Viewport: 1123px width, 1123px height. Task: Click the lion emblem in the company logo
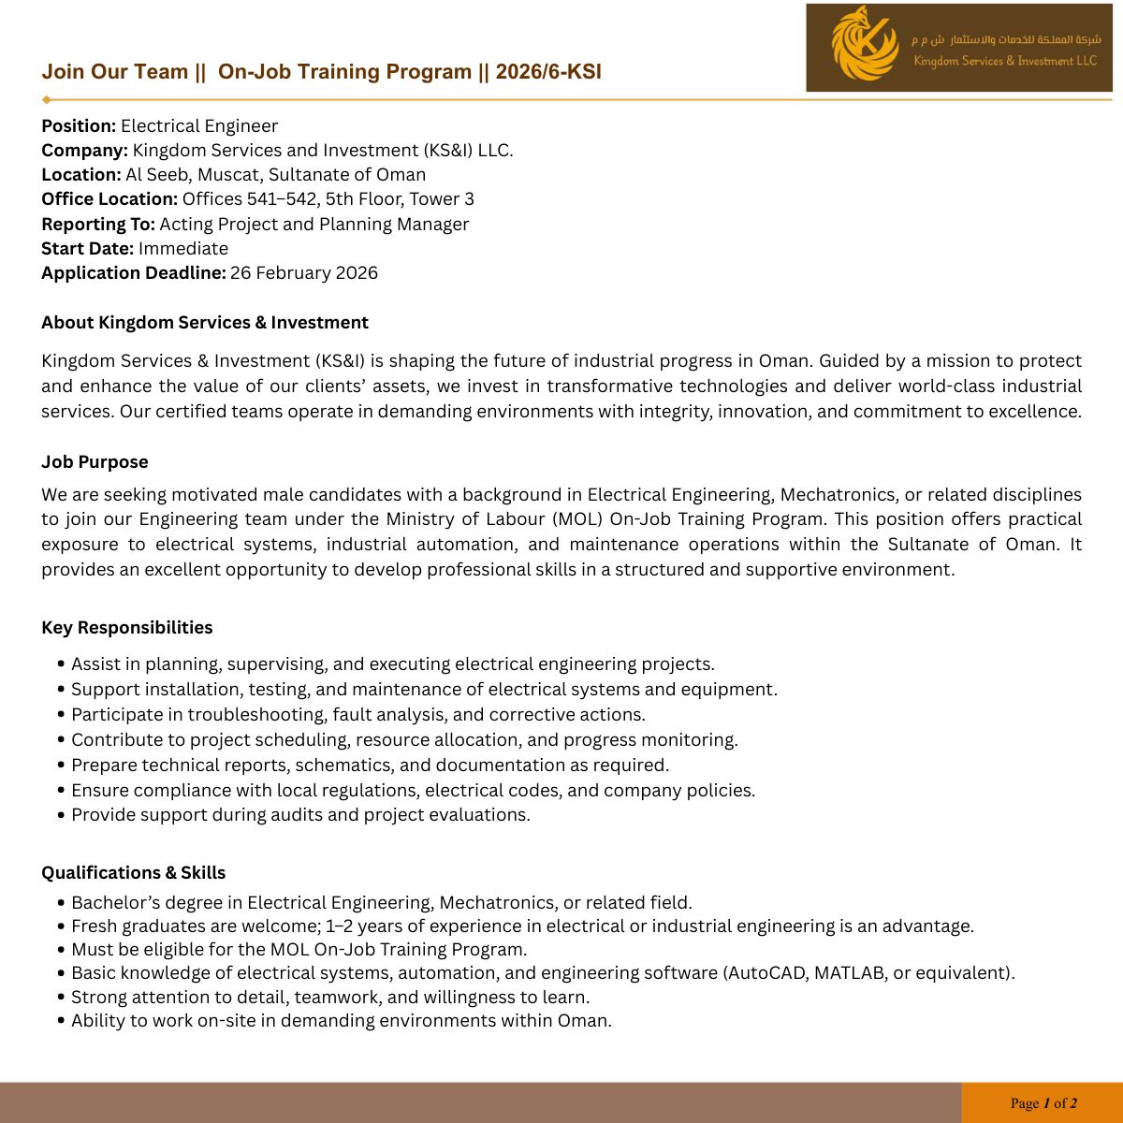coord(864,45)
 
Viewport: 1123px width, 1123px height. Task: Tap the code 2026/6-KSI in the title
coord(548,72)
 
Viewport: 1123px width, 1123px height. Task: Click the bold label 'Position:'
coord(79,126)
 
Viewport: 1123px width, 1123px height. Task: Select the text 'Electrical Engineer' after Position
coord(199,126)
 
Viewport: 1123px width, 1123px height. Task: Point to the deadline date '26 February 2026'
coord(304,273)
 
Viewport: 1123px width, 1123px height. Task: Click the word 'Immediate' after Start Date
coord(183,249)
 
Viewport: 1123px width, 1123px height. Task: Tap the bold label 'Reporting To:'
coord(97,225)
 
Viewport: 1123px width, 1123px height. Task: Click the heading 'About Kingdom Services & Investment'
coord(205,323)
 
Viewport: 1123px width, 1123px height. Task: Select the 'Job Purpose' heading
coord(95,462)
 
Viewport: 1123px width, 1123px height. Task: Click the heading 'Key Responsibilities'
coord(127,628)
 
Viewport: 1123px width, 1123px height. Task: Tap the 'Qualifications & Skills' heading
coord(134,873)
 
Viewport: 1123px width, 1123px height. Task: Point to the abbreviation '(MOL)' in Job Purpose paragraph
coord(578,519)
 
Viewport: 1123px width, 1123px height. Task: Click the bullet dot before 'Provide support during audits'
coord(62,815)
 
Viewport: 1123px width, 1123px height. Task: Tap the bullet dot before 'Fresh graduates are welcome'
coord(62,926)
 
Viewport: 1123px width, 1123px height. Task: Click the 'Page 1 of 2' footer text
coord(1043,1103)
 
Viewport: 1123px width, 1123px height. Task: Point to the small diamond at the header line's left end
coord(47,99)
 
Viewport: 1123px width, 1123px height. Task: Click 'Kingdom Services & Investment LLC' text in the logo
coord(1005,62)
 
